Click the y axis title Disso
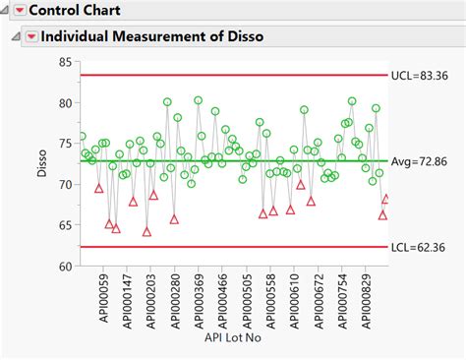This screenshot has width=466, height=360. tap(41, 163)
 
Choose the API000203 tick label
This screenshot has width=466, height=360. tap(151, 301)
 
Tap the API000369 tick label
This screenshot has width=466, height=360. tap(200, 301)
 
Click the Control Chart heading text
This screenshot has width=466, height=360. tap(75, 11)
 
